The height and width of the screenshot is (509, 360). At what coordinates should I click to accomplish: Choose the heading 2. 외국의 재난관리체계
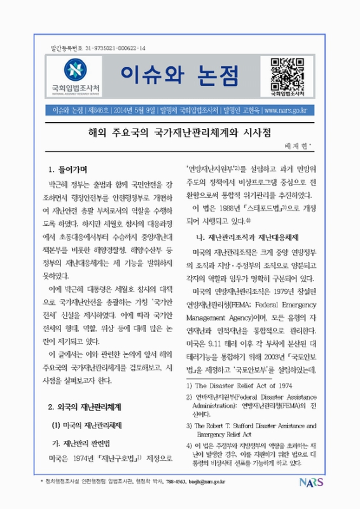[x=87, y=405]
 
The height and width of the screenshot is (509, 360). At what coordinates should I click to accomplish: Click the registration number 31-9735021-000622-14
[x=108, y=49]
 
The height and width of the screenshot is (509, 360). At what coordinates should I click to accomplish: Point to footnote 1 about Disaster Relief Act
[x=238, y=385]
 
